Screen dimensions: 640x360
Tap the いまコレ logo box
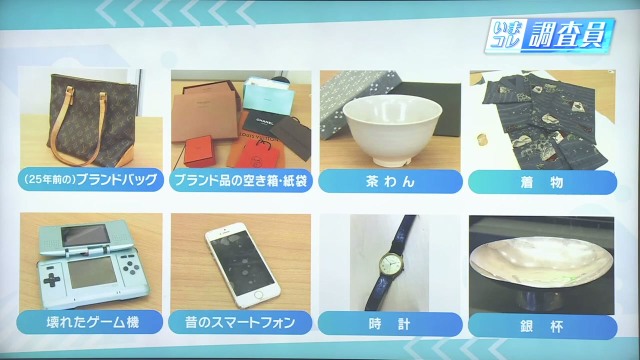(505, 35)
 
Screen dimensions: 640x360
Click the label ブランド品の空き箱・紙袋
(241, 180)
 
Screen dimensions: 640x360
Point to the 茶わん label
(391, 181)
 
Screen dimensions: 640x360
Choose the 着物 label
(542, 182)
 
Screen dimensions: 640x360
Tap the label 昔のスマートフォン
(240, 322)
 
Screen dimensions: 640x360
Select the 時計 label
(390, 324)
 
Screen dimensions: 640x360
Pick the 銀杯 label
(542, 327)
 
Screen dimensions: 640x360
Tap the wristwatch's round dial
(390, 264)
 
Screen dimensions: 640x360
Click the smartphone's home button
(259, 295)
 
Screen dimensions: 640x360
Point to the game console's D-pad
(51, 280)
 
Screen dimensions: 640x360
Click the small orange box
(199, 150)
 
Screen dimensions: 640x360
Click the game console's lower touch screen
(93, 272)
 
